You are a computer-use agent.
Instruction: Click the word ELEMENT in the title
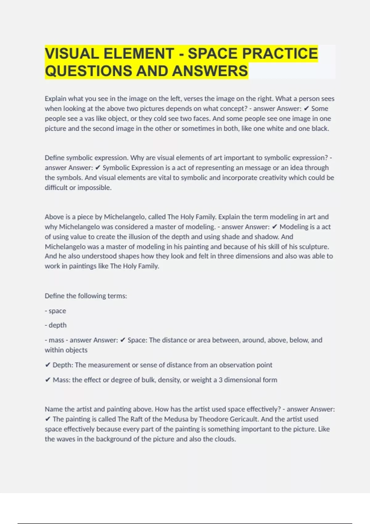point(139,53)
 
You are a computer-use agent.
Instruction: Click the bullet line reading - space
point(55,311)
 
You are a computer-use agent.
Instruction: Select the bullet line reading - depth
point(56,325)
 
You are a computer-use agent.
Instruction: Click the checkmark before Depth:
point(47,365)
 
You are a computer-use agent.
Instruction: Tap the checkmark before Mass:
point(47,380)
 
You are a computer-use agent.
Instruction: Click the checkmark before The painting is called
point(47,419)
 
